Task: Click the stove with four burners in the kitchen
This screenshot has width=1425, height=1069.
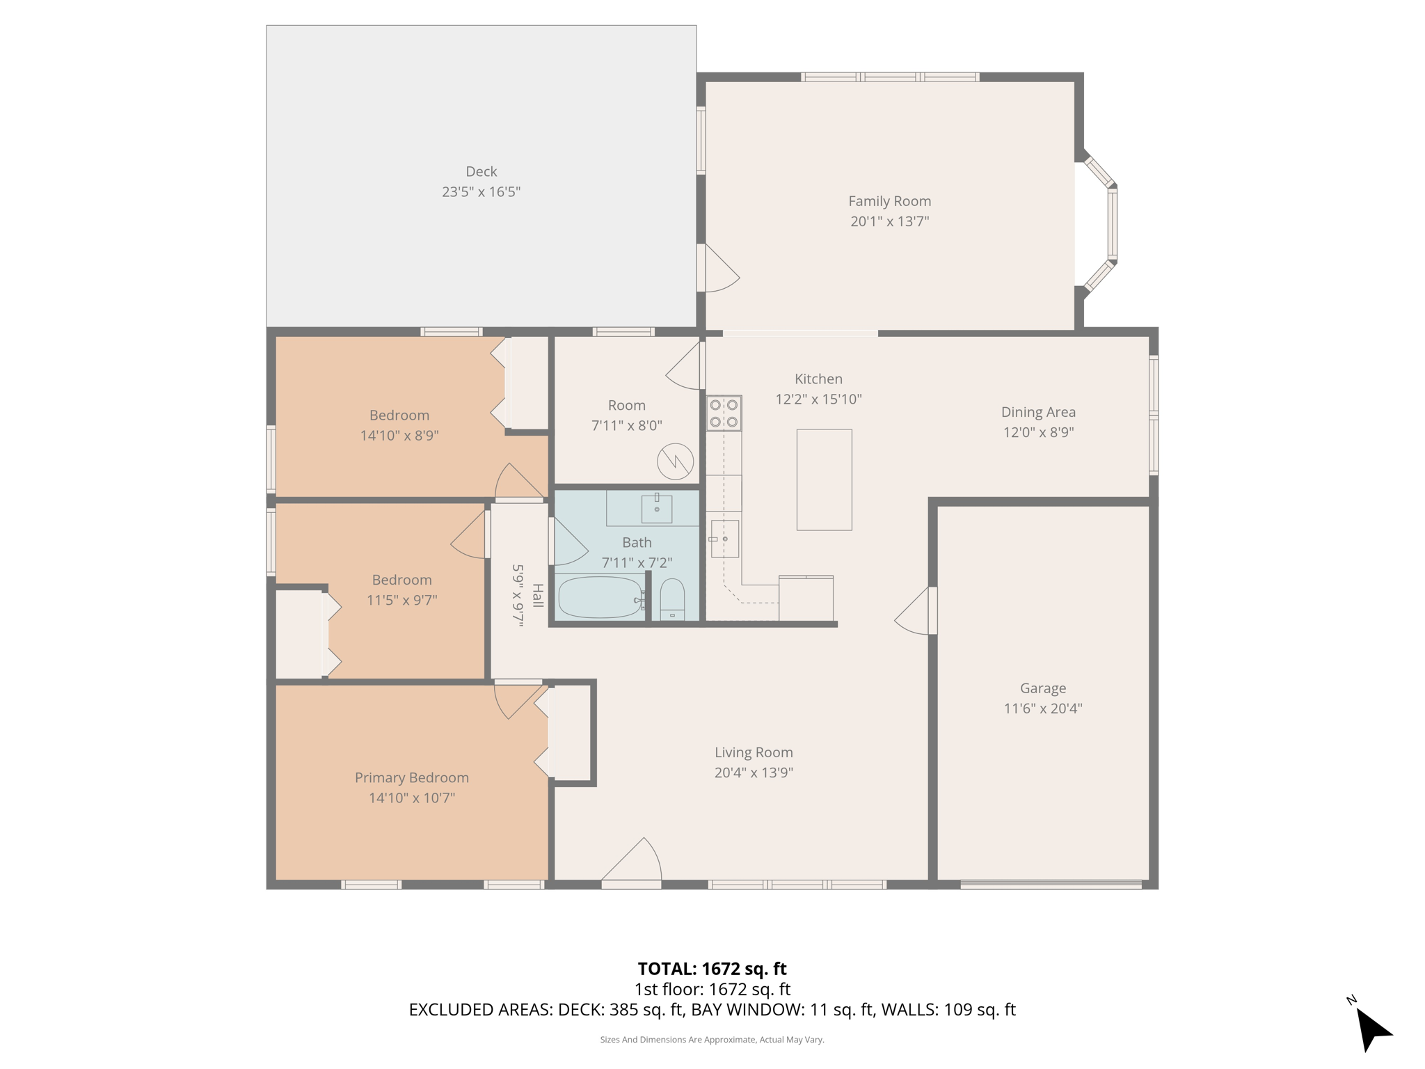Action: coord(724,413)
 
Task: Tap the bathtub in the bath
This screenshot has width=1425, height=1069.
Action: coord(600,597)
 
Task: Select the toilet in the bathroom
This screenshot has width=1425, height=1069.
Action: coord(672,600)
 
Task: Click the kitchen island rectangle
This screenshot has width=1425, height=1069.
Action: coord(824,480)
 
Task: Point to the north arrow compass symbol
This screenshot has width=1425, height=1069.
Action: coord(1371,1029)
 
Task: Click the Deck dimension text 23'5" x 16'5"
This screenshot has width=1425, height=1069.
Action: coord(481,192)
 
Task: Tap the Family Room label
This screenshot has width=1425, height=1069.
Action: coord(889,201)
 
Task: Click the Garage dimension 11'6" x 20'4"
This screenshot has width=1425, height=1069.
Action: coord(1042,708)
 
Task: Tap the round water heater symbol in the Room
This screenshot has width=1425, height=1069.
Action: coord(676,461)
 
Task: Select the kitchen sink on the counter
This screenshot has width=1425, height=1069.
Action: coord(724,539)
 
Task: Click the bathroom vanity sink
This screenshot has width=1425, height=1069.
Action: coord(656,508)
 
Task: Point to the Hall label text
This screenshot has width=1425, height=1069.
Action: coord(538,595)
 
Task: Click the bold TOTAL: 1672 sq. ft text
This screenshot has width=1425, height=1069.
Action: coord(712,969)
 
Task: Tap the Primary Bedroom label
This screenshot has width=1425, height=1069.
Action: coord(411,777)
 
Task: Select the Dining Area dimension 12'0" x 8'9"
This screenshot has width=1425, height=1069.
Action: coord(1038,432)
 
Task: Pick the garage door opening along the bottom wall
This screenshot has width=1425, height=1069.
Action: coord(1051,885)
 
